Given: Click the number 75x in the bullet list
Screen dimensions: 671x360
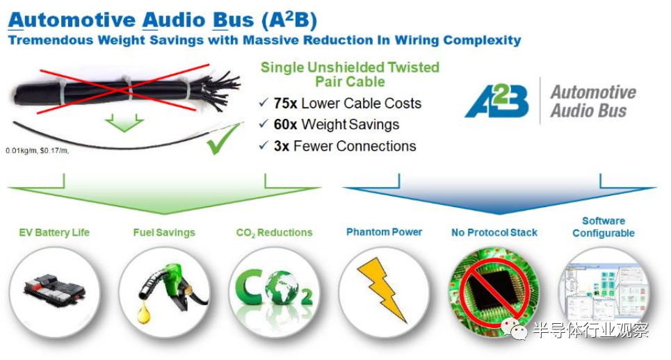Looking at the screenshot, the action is pos(285,104).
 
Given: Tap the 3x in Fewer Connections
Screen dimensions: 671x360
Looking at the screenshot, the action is pos(282,146).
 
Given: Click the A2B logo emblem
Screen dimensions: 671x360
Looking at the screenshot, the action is pos(497,101).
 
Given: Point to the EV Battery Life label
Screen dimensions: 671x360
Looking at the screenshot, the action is pos(54,233).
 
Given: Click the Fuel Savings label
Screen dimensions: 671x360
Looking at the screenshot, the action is pos(164,233).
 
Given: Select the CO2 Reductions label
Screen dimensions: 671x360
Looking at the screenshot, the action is pos(274,233).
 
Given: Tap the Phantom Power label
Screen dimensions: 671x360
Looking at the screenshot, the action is pos(385,231).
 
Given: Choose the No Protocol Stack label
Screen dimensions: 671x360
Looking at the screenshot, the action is pos(494,233).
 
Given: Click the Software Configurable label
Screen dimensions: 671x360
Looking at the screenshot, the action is pos(604,227).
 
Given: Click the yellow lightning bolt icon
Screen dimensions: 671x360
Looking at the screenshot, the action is pos(382,290).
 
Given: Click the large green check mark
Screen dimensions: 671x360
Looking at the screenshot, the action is pos(224,138).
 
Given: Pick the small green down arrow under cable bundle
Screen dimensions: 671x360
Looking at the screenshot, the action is pos(124,122).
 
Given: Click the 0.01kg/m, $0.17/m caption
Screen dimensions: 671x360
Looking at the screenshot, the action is pos(38,151).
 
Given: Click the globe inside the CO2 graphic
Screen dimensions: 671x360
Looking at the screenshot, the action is pos(282,287).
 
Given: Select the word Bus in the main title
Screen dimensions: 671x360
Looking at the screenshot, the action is pos(233,20).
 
